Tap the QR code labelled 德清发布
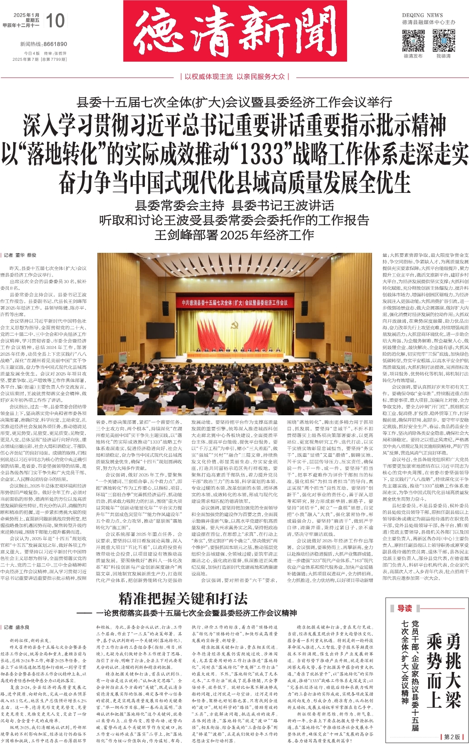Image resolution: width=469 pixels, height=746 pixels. coord(413,41)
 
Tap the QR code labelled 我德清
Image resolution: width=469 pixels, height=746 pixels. coord(444,41)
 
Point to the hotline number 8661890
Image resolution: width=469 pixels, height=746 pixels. coord(55,44)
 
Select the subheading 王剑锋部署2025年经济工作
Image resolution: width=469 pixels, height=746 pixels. coord(234,235)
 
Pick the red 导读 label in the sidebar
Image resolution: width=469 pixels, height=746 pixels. coord(404,609)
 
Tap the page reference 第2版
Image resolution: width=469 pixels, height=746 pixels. coord(452,737)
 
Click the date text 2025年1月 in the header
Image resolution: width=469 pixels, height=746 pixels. coord(26,15)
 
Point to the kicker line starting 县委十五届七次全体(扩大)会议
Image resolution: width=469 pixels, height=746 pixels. coord(234,102)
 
